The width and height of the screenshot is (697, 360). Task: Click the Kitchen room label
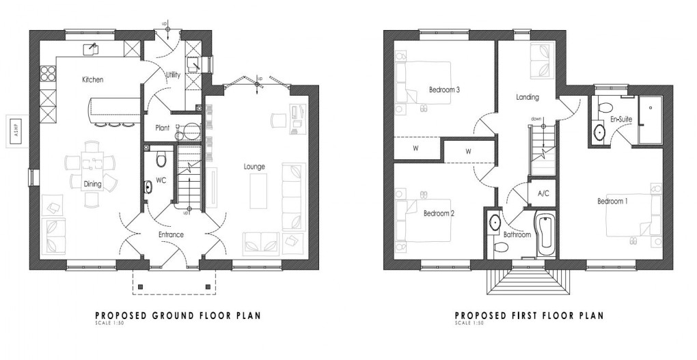click(92, 80)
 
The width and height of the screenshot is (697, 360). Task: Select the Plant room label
click(162, 128)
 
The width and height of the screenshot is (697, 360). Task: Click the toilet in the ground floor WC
click(161, 160)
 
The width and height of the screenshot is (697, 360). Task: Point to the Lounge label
click(255, 166)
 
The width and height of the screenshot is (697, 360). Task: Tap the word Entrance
click(171, 235)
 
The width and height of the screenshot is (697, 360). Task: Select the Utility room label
click(173, 75)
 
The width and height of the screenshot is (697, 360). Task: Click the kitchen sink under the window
click(90, 49)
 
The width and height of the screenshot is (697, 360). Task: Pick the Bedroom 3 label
click(444, 89)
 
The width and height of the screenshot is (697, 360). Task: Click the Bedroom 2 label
click(439, 213)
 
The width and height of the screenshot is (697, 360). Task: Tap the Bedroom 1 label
click(612, 202)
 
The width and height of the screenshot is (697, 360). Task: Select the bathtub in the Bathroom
click(546, 235)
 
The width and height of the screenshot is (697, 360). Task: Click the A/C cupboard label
click(544, 193)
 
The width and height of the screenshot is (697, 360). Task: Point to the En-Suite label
click(620, 120)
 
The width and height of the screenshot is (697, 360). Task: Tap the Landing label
click(527, 97)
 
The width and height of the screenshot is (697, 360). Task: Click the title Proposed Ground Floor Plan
click(177, 316)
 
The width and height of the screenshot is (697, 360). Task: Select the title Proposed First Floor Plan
click(529, 316)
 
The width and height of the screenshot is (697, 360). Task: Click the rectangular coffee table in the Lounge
click(258, 191)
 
